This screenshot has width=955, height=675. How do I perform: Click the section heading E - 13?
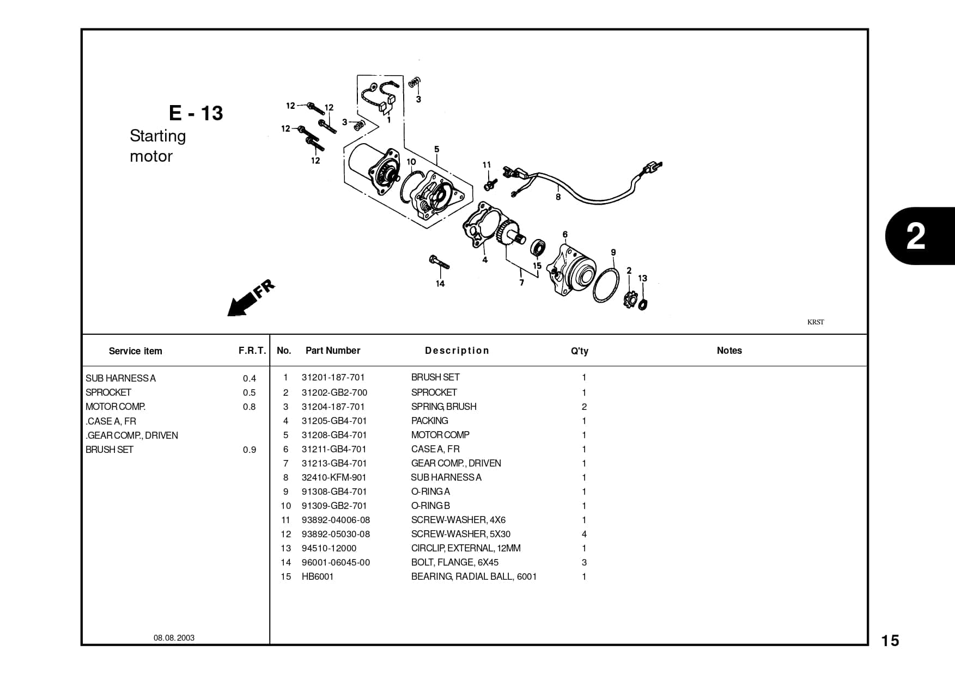196,113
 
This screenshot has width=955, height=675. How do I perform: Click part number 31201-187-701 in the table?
333,377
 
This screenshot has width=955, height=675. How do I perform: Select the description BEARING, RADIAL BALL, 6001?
473,576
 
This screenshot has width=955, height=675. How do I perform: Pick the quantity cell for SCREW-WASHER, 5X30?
584,534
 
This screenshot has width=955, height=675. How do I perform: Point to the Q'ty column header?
579,351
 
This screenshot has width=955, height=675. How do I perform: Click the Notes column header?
729,351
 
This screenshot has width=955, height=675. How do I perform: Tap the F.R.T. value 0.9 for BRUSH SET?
249,450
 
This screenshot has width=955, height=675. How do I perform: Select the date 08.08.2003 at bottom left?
174,638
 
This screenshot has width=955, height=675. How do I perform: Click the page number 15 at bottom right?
890,641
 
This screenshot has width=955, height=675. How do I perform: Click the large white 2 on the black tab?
916,236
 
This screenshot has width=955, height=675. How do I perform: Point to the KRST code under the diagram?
815,322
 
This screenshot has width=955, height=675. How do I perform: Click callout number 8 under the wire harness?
558,197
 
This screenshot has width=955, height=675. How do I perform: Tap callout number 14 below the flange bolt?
440,284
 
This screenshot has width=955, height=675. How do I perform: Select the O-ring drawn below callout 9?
606,285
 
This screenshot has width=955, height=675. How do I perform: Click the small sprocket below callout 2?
630,299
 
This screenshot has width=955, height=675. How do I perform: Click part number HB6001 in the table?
317,576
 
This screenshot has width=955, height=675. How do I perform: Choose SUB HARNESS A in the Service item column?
120,378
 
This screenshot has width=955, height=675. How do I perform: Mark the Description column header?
457,351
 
